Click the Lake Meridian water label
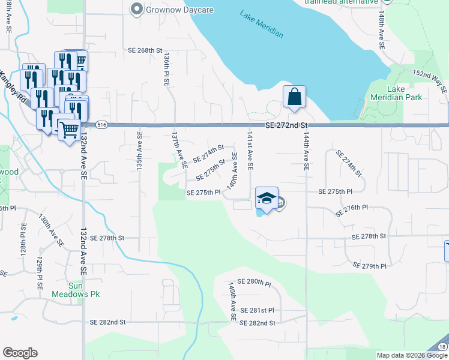(261, 25)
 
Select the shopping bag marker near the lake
(294, 97)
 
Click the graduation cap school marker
(267, 197)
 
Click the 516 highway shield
(101, 125)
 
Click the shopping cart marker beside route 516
(70, 128)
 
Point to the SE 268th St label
(145, 50)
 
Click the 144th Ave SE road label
(306, 153)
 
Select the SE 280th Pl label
(255, 281)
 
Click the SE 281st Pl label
(256, 310)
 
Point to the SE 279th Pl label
(370, 265)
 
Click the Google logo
(20, 353)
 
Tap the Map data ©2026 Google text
(411, 355)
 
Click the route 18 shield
(442, 347)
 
